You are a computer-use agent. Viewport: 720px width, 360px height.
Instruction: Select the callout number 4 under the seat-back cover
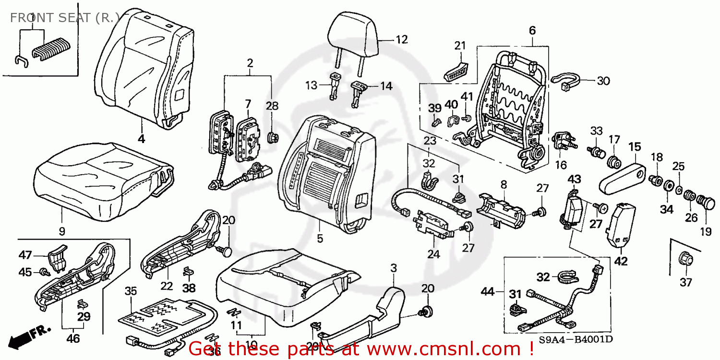[142, 139]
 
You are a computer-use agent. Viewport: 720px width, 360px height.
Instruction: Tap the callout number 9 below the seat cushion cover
[62, 231]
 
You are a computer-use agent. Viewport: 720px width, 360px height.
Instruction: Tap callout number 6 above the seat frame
[532, 31]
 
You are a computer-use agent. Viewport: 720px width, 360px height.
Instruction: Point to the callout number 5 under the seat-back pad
[320, 238]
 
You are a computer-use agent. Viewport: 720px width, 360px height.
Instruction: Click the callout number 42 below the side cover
[621, 262]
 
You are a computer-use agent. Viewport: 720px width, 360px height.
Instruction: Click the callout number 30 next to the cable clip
[603, 81]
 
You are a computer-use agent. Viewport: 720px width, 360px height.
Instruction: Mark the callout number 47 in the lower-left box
[25, 254]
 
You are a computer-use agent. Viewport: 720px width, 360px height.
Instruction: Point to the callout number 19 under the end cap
[705, 232]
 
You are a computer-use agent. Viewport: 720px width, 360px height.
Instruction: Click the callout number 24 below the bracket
[433, 255]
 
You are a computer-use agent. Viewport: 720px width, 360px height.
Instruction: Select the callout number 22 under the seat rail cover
[166, 286]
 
